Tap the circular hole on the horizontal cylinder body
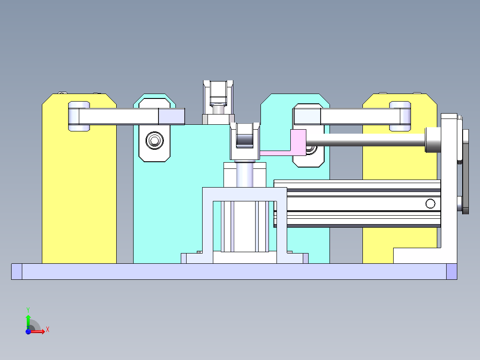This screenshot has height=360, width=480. coord(430,204)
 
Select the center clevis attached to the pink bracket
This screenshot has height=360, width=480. coord(244,140)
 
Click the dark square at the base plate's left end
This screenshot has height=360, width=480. coord(16,271)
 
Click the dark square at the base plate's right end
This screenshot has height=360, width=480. coord(452,271)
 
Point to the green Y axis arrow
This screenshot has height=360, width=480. coord(28,319)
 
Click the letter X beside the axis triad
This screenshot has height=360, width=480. coord(48,330)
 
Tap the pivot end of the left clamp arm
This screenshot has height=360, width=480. coord(78,116)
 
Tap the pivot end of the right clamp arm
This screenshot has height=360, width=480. coord(400,116)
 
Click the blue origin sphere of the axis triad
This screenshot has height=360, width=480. coord(28,331)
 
